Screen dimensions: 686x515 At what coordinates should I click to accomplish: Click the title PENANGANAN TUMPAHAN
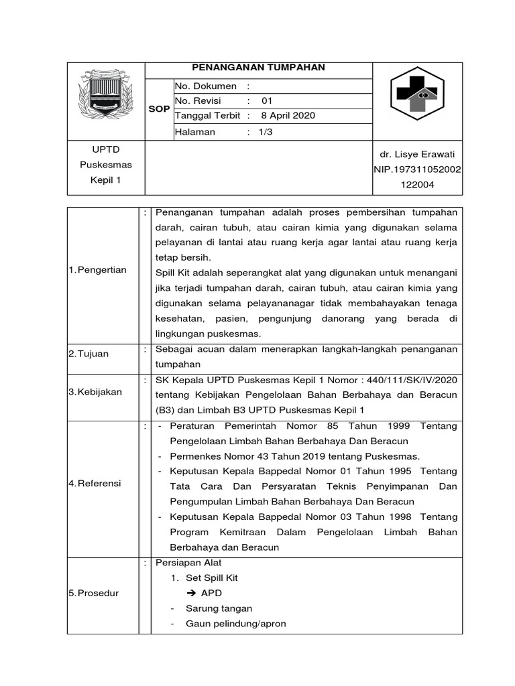[x=258, y=68]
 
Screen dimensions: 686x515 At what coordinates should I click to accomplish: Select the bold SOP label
[x=160, y=109]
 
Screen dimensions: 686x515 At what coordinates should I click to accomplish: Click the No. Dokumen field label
[x=206, y=86]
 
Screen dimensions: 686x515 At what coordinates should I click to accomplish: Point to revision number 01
[x=267, y=101]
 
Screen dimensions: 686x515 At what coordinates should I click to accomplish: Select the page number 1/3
[x=266, y=132]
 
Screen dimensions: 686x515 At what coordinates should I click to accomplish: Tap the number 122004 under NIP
[x=416, y=185]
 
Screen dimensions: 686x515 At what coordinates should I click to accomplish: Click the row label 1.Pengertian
[x=98, y=270]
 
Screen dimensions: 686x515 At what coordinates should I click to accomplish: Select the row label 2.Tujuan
[x=89, y=354]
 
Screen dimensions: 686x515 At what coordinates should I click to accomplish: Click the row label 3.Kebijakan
[x=95, y=392]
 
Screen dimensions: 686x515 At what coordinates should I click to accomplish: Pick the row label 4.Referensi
[x=95, y=483]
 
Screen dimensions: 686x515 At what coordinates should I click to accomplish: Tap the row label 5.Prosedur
[x=94, y=594]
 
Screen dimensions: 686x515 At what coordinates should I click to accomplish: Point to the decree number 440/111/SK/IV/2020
[x=416, y=381]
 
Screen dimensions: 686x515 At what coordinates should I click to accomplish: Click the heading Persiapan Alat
[x=188, y=563]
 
